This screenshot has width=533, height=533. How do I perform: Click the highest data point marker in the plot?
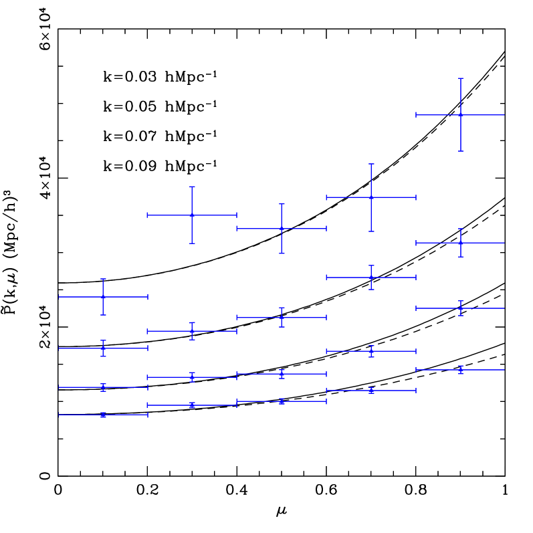[x=461, y=115]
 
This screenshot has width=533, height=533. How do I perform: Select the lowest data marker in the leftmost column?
[x=103, y=415]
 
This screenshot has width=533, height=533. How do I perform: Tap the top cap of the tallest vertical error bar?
[x=461, y=78]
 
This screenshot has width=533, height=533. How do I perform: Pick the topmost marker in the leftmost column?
[x=103, y=296]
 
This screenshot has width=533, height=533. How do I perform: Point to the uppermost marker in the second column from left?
[x=192, y=215]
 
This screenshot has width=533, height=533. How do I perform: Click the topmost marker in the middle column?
[x=282, y=229]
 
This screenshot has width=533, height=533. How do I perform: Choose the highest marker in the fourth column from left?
[x=371, y=197]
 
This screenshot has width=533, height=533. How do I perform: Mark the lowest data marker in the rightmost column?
[x=461, y=370]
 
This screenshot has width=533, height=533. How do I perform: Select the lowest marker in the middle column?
[x=282, y=401]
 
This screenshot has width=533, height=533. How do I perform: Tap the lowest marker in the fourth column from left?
[x=371, y=391]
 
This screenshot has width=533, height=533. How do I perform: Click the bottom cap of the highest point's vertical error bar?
[x=461, y=151]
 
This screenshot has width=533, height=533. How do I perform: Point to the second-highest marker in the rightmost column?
[x=461, y=243]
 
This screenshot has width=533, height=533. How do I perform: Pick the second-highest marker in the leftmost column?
[x=103, y=348]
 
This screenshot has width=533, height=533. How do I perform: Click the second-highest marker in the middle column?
[x=282, y=317]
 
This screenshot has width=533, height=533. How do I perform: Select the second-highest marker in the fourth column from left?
[x=371, y=277]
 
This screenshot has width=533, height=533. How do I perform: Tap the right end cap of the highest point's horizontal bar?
[x=504, y=115]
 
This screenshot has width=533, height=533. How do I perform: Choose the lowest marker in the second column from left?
[x=192, y=405]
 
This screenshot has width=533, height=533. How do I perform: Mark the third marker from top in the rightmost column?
[x=461, y=308]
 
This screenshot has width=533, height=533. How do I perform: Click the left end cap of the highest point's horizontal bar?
[x=416, y=115]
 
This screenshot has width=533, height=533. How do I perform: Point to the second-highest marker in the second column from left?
[x=192, y=331]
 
